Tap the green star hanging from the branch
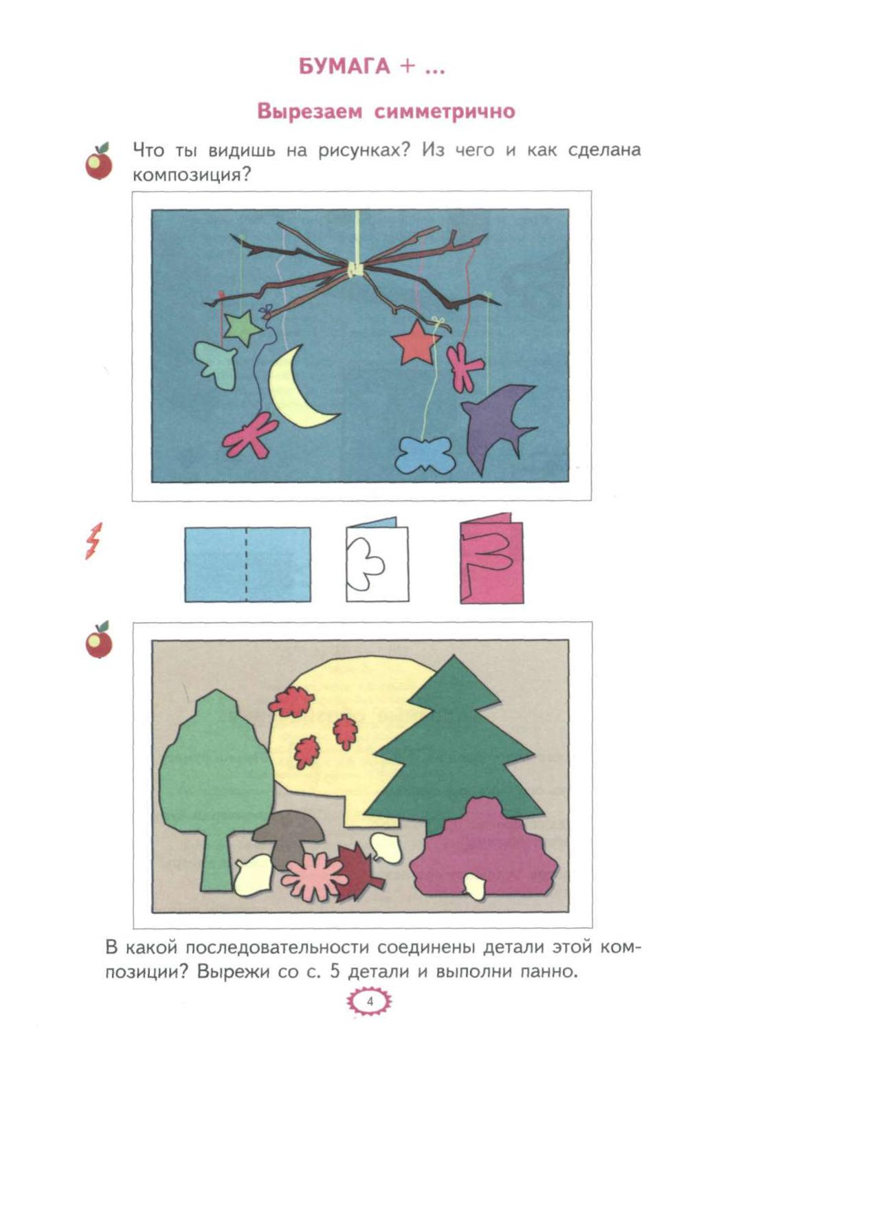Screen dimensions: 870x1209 pos(242,329)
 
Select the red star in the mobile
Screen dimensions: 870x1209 pos(416,342)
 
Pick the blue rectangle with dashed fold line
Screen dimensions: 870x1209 pos(247,564)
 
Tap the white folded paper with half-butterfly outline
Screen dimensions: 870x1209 pos(377,560)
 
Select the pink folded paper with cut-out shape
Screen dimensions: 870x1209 pos(491,558)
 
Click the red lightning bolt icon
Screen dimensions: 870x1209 pos(93,541)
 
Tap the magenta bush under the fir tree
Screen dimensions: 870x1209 pos(486,849)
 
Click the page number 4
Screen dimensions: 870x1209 pos(370,1001)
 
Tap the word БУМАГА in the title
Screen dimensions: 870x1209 pos(344,67)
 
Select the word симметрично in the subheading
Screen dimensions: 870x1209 pos(445,111)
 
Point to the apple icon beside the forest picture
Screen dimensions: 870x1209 pos(99,641)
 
